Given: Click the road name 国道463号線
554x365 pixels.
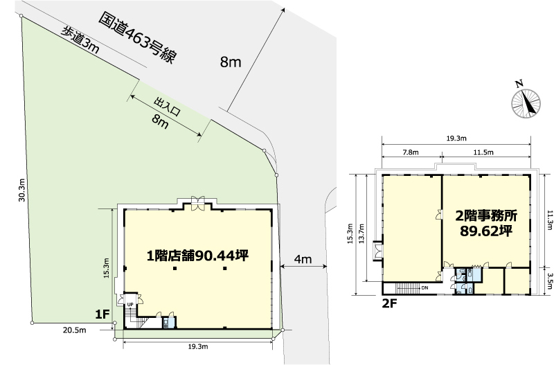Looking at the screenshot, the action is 137,38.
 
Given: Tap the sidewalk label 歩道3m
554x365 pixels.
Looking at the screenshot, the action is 80,41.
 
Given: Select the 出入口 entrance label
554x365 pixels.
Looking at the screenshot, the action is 167,107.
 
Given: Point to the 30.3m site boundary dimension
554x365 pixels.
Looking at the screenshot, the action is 22,190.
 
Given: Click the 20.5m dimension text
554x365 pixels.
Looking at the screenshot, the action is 75,330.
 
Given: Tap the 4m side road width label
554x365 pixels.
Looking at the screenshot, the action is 303,259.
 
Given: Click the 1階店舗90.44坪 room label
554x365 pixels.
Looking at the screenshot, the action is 197,256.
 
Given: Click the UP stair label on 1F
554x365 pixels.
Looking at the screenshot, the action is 130,305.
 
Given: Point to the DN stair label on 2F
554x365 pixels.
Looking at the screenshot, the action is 425,288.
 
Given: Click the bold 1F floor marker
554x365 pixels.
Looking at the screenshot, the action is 102,314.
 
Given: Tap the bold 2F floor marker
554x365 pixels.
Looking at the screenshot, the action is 390,303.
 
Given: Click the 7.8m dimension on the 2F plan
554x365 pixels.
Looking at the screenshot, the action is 411,152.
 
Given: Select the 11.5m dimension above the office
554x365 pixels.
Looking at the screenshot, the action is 483,152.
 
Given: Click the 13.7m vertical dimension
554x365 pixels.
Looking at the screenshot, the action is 360,233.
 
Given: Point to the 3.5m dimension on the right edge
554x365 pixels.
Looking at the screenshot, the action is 549,281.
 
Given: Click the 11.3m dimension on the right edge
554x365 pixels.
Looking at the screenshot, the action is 549,220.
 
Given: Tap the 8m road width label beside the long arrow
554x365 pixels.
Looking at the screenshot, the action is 231,62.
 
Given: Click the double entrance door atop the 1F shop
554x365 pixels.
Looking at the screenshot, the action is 197,204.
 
